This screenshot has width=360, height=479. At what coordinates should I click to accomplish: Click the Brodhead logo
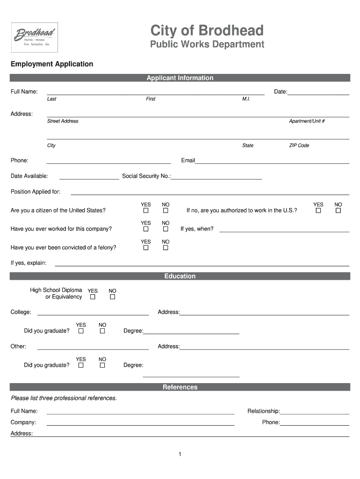(35, 37)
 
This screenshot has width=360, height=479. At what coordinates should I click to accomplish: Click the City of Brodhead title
(207, 31)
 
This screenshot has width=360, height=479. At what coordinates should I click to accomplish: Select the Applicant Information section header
(180, 78)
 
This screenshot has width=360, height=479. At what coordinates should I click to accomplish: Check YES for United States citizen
(146, 211)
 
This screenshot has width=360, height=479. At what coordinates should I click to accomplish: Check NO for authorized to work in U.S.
(338, 211)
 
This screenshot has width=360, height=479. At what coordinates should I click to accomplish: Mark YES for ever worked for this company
(146, 229)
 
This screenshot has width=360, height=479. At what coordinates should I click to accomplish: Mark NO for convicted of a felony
(166, 248)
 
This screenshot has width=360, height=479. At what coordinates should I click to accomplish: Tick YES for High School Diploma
(93, 297)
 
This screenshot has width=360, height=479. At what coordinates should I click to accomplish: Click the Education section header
(180, 276)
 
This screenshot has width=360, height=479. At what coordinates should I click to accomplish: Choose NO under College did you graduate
(102, 331)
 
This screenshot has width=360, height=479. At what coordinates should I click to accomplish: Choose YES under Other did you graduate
(81, 365)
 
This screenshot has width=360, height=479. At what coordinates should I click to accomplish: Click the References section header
(180, 387)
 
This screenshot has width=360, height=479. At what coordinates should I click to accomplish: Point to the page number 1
(180, 454)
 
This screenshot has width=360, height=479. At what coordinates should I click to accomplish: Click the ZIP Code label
(299, 145)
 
